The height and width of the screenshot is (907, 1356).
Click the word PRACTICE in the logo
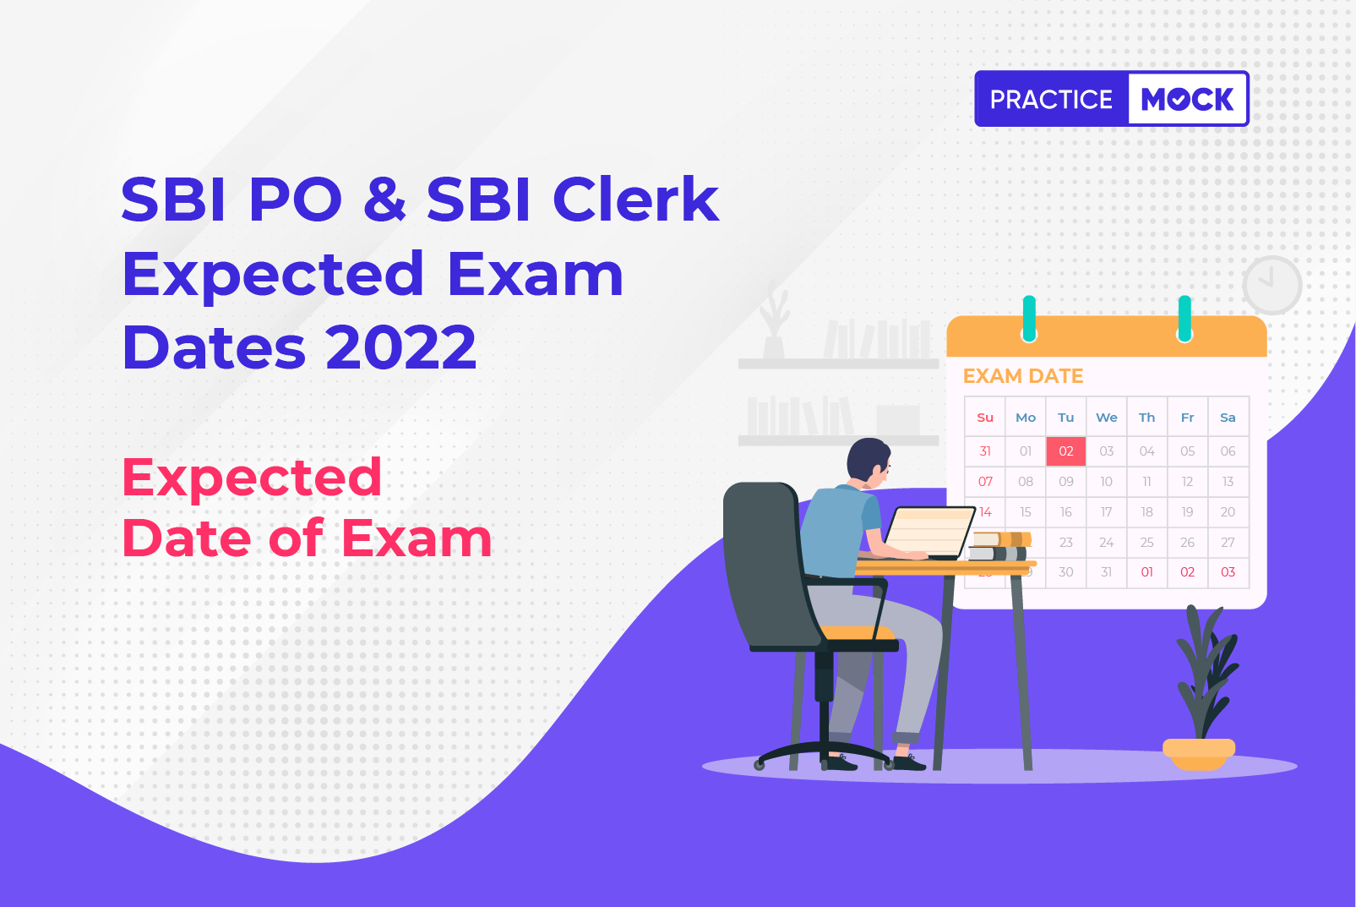coord(1051,99)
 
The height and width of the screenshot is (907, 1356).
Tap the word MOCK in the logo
coord(1187,99)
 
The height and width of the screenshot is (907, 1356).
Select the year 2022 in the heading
coord(401,347)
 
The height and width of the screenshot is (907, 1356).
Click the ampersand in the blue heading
coord(384,199)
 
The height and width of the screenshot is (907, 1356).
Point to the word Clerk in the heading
coord(635,198)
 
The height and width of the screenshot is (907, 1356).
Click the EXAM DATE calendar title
coord(1023,376)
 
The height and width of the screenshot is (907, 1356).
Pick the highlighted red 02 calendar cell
coord(1066,451)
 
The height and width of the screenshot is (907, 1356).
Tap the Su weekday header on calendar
coord(985,418)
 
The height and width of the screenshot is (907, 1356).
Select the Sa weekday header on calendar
coord(1228,418)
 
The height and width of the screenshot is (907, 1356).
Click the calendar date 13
coord(1228,481)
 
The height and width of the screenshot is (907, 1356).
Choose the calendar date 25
coord(1146,542)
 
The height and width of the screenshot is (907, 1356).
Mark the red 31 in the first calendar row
coord(985,451)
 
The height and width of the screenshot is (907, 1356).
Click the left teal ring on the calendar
coord(1029,319)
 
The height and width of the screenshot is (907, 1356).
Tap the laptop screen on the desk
coord(929,531)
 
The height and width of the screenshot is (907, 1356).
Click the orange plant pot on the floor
coord(1199,754)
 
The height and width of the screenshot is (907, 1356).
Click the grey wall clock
coord(1272,285)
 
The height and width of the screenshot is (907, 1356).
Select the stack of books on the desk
coord(999,546)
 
